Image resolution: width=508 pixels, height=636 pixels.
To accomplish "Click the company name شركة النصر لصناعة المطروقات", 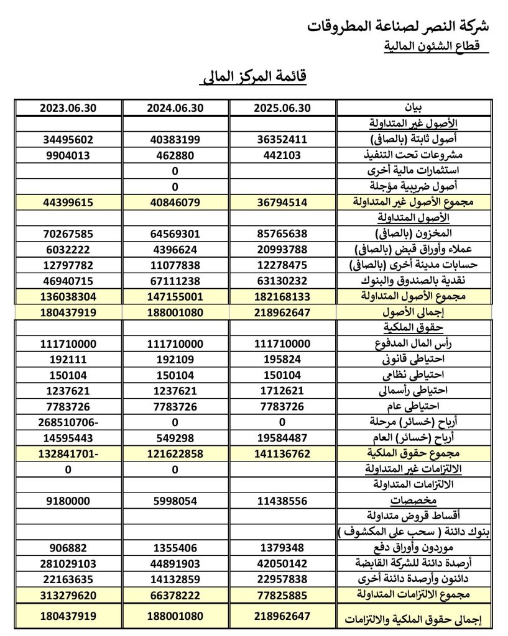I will (398, 26).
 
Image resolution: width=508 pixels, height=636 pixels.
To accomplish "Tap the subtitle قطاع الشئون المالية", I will (435, 46).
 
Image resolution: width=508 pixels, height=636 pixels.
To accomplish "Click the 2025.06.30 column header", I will (282, 107).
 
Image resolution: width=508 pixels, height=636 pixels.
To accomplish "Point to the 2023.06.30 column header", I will (68, 107).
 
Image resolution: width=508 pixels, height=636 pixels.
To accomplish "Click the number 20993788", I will (282, 250).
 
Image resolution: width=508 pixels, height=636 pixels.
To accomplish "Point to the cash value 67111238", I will (175, 281).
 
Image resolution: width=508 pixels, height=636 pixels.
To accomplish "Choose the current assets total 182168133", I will (282, 297).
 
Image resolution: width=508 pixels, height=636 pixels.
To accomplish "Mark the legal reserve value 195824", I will (282, 360).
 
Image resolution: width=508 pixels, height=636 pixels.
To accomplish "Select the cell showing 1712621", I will (282, 391).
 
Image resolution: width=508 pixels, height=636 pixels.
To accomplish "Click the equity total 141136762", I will (282, 454).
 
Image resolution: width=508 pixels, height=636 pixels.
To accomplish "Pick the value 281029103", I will (68, 564).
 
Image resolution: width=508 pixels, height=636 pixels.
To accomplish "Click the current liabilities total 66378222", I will (175, 595).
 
